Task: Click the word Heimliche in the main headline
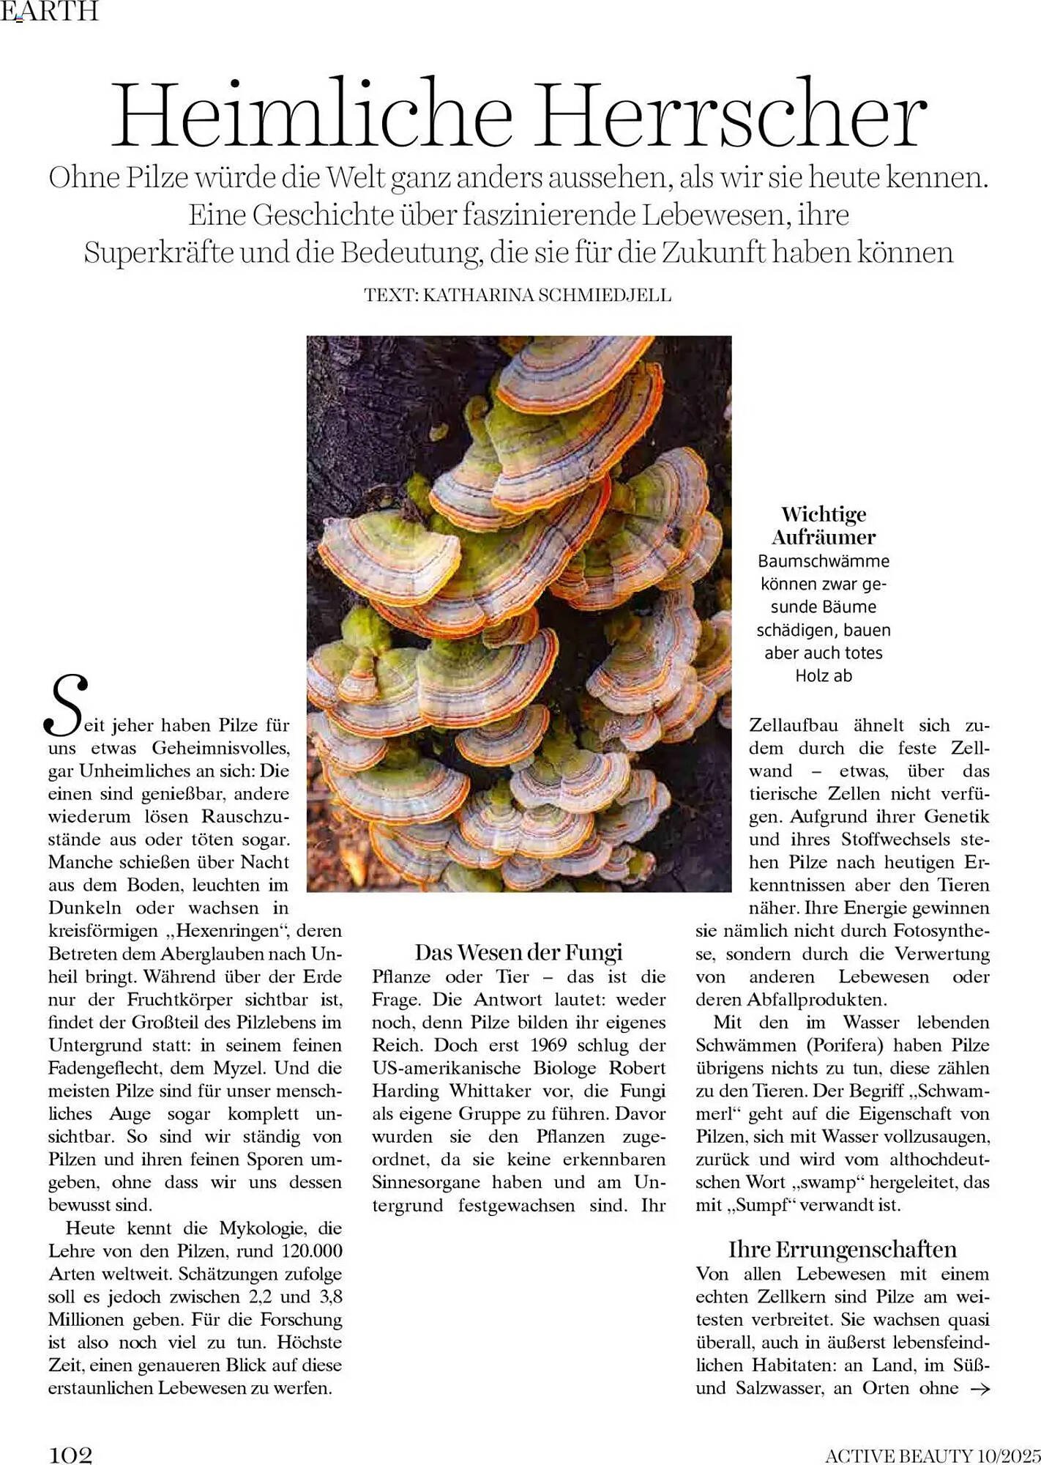coord(311,115)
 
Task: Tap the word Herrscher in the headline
coord(732,115)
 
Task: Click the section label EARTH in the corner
coord(49,11)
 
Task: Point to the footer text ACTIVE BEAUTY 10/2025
coord(932,1455)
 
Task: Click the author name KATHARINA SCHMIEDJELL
coord(547,295)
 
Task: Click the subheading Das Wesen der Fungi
coord(518,952)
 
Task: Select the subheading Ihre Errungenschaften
coord(842,1249)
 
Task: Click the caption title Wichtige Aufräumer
coord(824,525)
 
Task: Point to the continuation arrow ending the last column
coord(979,1388)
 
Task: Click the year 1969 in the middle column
coord(549,1045)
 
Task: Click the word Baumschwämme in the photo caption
coord(824,561)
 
